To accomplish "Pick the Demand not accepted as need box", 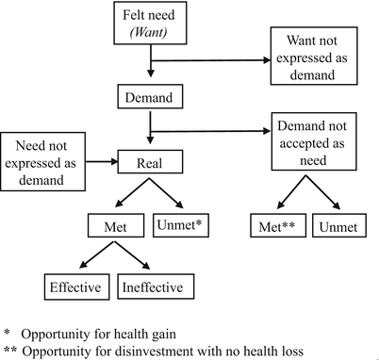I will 319,141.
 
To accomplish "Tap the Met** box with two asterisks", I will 275,226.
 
